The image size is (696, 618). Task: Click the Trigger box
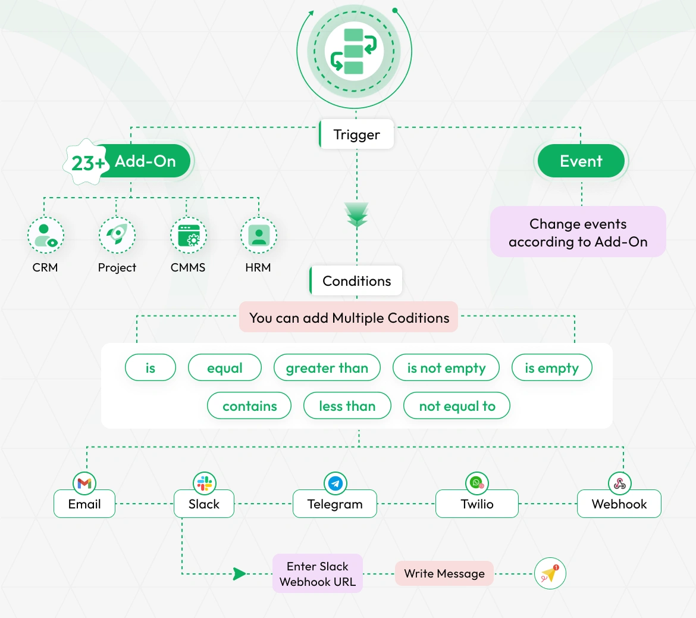(x=356, y=135)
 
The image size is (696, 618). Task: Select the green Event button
(x=581, y=161)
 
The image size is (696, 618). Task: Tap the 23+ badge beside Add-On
(x=87, y=162)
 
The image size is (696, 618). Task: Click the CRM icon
(x=45, y=235)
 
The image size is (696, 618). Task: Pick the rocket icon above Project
(x=117, y=235)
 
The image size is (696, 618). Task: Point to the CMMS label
(x=188, y=268)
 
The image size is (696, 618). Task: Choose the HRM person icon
(x=258, y=235)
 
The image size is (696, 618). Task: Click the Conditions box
(x=356, y=281)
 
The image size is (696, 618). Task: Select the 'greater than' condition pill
(x=327, y=368)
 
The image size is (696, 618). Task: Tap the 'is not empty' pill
(x=446, y=368)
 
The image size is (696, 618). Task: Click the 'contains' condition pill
(x=249, y=406)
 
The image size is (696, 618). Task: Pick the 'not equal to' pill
(x=457, y=406)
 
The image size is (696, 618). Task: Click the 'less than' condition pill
(x=347, y=406)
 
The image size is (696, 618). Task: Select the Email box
(x=84, y=504)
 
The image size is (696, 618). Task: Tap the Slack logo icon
(x=204, y=483)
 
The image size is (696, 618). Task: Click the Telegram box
(x=334, y=504)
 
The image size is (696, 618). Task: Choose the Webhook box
(x=619, y=504)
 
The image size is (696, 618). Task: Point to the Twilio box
(x=476, y=504)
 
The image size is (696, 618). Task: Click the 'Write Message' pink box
(x=444, y=573)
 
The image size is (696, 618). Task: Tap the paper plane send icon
(x=550, y=573)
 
